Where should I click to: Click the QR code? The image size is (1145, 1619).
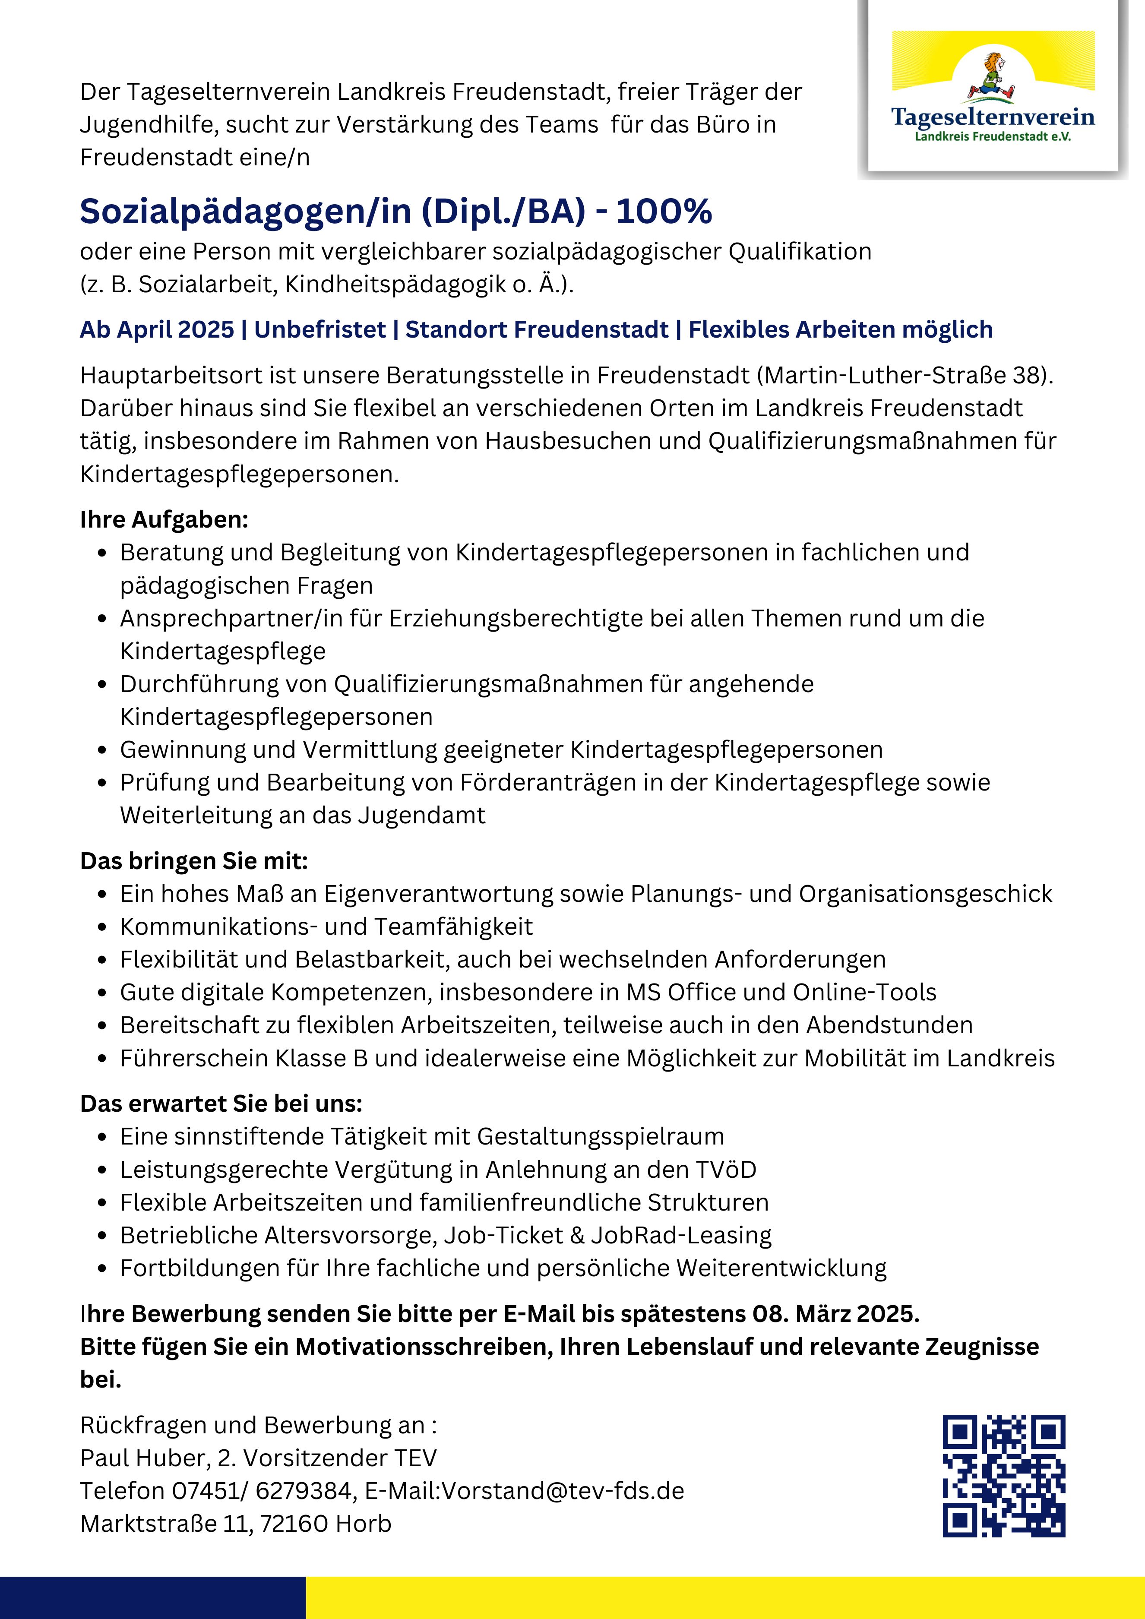1003,1475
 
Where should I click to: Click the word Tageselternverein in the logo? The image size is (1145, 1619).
993,116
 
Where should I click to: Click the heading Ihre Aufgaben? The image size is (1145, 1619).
164,520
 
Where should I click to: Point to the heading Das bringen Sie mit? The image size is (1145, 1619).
194,861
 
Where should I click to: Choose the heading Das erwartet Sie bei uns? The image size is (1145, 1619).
221,1104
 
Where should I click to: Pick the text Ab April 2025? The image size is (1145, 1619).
157,329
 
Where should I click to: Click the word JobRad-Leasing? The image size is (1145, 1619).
681,1235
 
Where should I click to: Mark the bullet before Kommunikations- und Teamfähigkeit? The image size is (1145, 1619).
103,927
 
